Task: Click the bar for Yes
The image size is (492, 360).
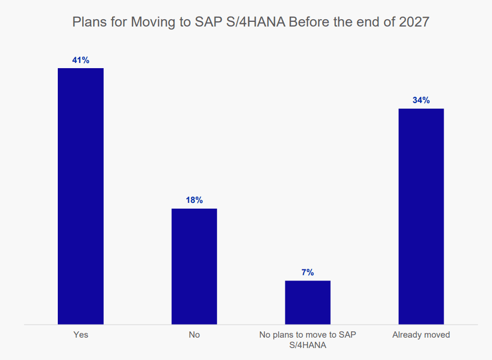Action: (x=81, y=196)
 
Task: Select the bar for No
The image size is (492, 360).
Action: (x=194, y=266)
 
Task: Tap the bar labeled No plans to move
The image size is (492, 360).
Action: (x=308, y=302)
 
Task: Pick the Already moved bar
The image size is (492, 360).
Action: (x=421, y=216)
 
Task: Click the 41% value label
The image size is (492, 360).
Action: (x=81, y=60)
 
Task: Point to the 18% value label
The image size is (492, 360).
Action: (x=194, y=200)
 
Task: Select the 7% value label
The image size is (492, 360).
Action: (x=308, y=272)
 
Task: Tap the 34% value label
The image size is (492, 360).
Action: (x=421, y=100)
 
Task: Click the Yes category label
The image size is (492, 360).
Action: (x=81, y=335)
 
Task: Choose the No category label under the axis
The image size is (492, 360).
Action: (x=194, y=335)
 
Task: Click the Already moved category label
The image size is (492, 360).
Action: (x=421, y=335)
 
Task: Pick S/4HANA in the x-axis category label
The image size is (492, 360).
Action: (x=308, y=345)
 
